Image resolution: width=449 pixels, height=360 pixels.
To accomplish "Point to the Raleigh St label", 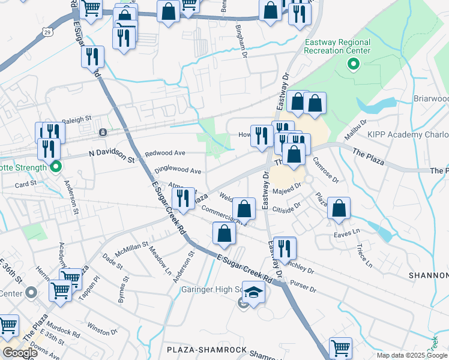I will coord(76,119).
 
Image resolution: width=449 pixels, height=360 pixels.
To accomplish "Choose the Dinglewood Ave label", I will coord(178,170).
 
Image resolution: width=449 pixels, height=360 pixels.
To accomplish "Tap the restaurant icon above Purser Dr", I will coord(285,248).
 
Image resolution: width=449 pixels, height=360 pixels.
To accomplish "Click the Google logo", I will coord(21,353).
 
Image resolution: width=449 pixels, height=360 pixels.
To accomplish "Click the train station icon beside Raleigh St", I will coord(103,132).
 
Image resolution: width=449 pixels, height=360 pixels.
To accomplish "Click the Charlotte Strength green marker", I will coord(56,167).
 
